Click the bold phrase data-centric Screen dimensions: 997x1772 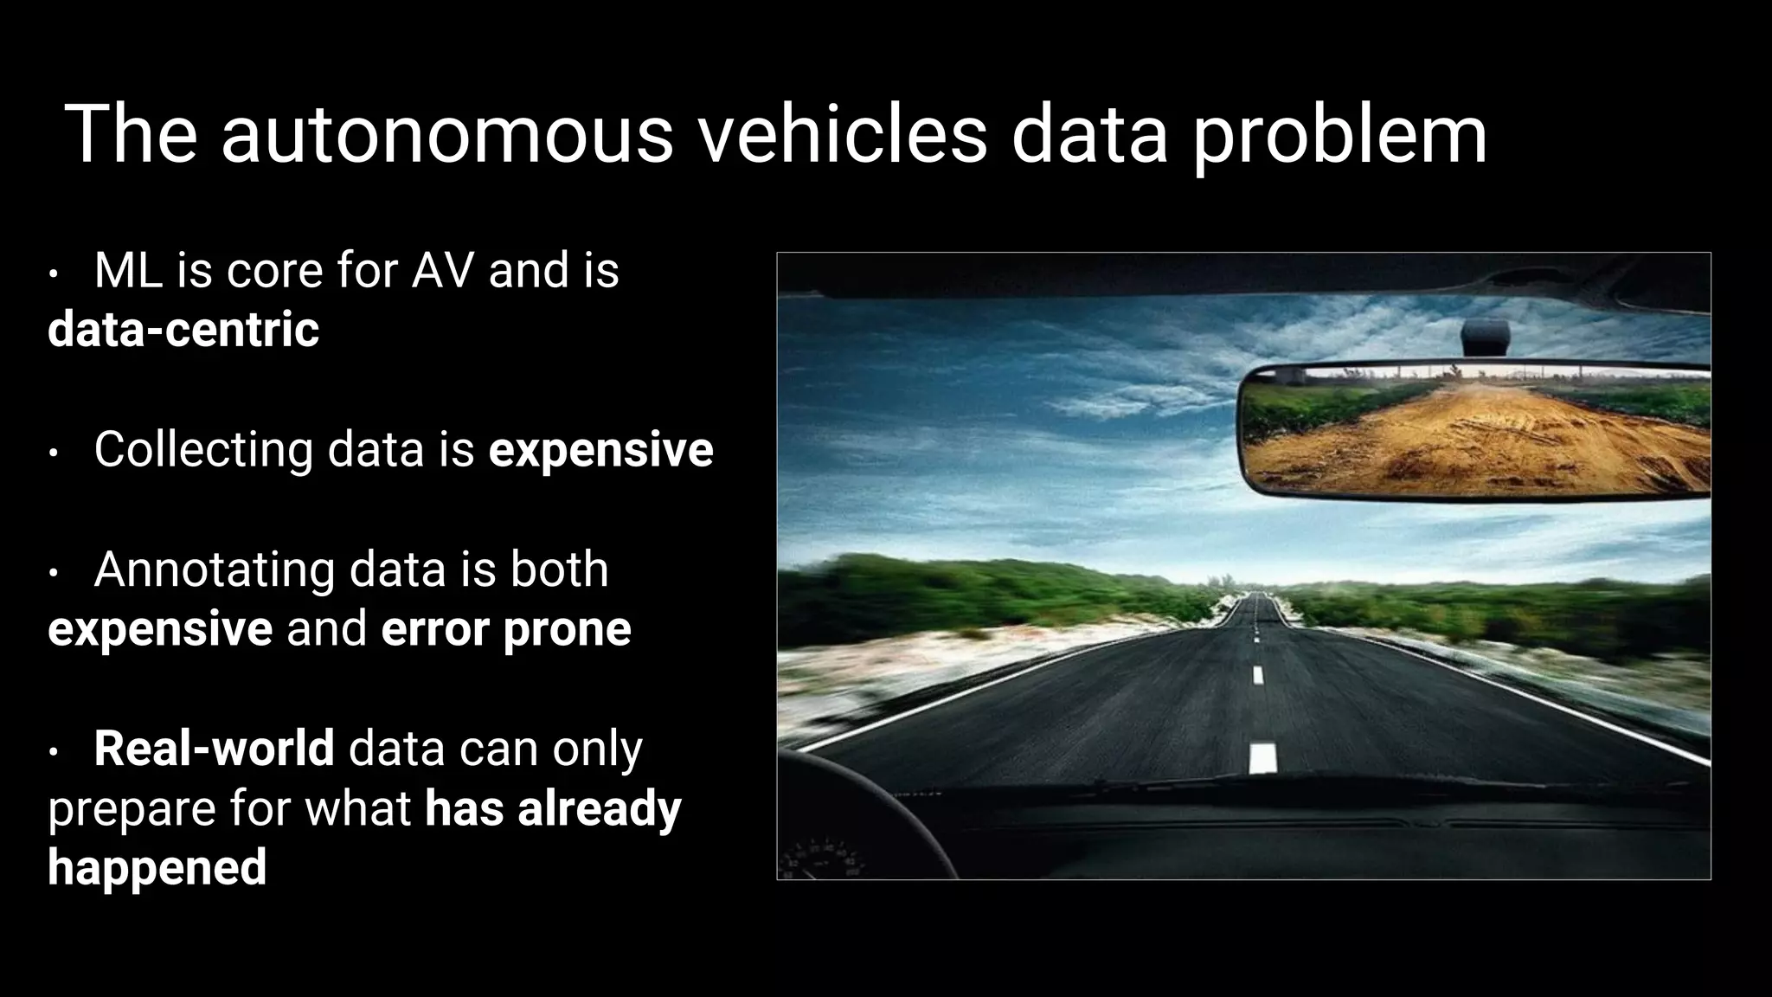[x=183, y=329]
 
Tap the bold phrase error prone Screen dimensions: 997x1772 [x=506, y=629]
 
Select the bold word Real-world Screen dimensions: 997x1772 [x=214, y=749]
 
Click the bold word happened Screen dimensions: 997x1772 [x=157, y=868]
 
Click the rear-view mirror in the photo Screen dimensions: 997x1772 [x=1474, y=431]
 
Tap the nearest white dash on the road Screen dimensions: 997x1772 [x=1262, y=757]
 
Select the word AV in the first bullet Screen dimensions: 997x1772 [x=442, y=270]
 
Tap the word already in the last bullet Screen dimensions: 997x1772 [x=599, y=808]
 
